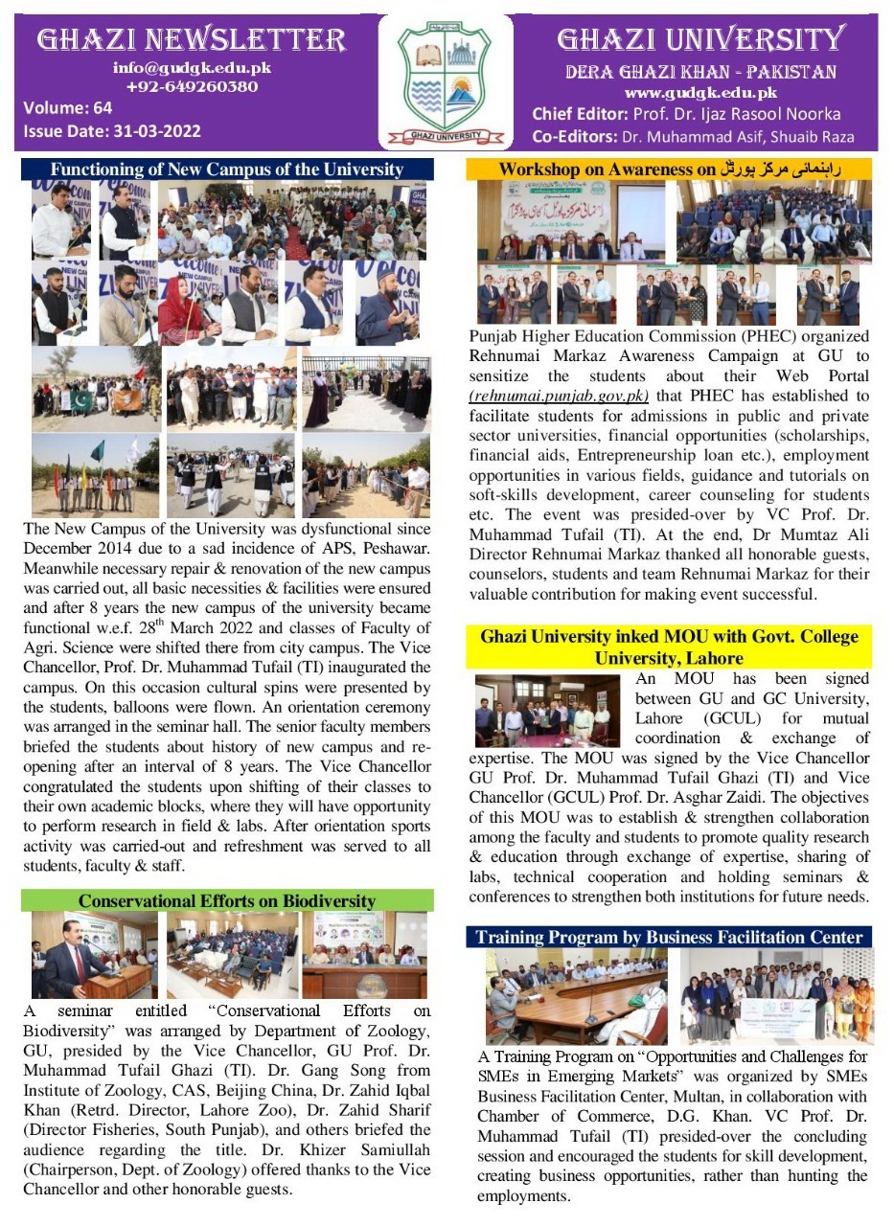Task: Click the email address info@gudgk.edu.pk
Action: [x=192, y=68]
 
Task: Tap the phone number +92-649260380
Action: [x=192, y=86]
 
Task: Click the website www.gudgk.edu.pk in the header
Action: [x=700, y=93]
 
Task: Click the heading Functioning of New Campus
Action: [x=227, y=170]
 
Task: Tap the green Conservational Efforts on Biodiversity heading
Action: [x=227, y=900]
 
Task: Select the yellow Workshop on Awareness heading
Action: [x=670, y=170]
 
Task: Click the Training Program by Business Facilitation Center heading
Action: [x=670, y=936]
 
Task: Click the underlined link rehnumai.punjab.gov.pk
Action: [x=560, y=395]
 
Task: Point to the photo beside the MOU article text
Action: [x=547, y=710]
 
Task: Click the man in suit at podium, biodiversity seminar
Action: [x=72, y=958]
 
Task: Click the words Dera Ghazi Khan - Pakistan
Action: [x=700, y=72]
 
